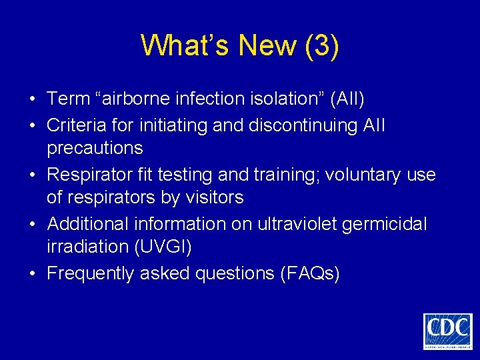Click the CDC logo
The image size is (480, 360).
pos(447,330)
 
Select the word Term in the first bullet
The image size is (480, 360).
pos(69,99)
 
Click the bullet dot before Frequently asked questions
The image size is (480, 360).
pos(32,273)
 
